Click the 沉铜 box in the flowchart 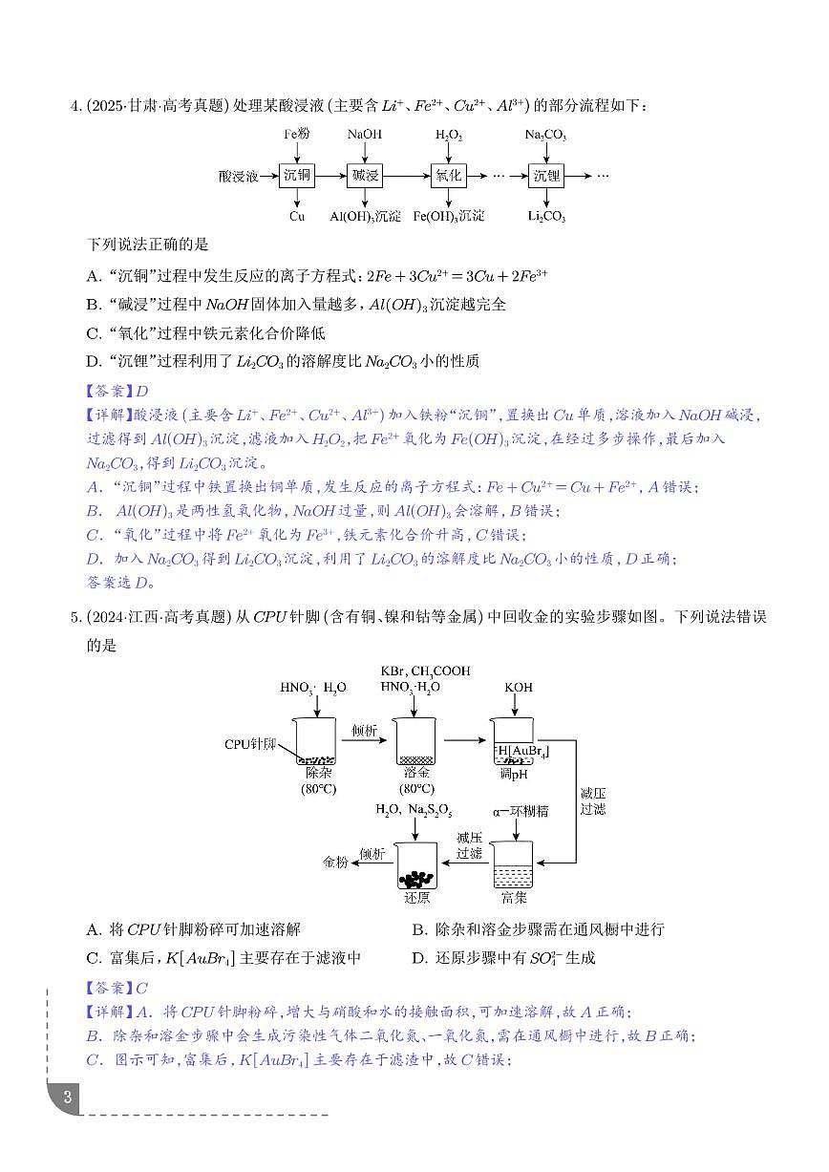click(x=297, y=176)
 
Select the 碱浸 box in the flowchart click(x=363, y=176)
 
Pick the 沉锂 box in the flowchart click(x=546, y=176)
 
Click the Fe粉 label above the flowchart click(x=297, y=135)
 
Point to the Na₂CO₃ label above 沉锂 click(x=545, y=136)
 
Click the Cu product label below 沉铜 click(x=297, y=217)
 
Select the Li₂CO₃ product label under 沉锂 click(x=546, y=217)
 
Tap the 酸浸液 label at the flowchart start click(x=239, y=176)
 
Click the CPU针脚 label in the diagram click(x=250, y=743)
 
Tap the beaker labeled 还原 click(x=416, y=865)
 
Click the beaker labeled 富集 click(x=513, y=865)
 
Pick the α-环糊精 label click(x=521, y=812)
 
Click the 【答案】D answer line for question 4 click(x=117, y=391)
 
